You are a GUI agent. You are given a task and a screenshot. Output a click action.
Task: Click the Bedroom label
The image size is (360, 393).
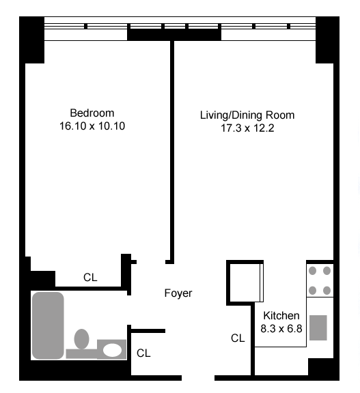pyautogui.click(x=92, y=113)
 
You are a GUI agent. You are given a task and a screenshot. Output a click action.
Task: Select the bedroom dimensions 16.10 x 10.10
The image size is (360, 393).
pyautogui.click(x=92, y=126)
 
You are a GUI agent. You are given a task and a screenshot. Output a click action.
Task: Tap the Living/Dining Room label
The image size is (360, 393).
pyautogui.click(x=247, y=115)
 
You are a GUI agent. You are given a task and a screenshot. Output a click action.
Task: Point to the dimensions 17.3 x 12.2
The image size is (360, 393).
pyautogui.click(x=247, y=128)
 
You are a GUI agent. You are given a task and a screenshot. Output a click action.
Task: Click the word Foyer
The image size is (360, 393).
pyautogui.click(x=178, y=293)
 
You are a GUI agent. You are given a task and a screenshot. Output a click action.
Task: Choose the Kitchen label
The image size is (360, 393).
pyautogui.click(x=281, y=315)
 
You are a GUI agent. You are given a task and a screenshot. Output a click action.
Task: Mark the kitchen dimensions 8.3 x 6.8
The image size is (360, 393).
pyautogui.click(x=281, y=329)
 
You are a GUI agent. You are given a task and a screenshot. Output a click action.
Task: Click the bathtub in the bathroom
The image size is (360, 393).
pyautogui.click(x=48, y=325)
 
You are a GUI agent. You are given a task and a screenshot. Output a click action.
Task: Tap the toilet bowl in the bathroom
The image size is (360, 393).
pyautogui.click(x=82, y=339)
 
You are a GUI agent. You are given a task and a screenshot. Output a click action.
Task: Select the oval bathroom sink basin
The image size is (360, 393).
pyautogui.click(x=112, y=350)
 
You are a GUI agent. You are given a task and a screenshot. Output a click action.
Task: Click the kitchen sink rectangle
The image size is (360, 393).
pyautogui.click(x=318, y=327)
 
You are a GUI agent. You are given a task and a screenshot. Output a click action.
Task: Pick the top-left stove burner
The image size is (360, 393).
pyautogui.click(x=313, y=271)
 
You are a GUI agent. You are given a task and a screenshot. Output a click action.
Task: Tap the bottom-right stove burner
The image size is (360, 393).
pyautogui.click(x=327, y=291)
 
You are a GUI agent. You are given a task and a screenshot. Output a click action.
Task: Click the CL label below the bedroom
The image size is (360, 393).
pyautogui.click(x=90, y=278)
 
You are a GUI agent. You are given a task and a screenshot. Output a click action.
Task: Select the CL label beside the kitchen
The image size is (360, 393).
pyautogui.click(x=238, y=338)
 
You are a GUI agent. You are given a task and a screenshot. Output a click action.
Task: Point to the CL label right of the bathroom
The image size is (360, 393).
pyautogui.click(x=143, y=353)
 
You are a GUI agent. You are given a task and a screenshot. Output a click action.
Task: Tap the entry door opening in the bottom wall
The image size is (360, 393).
pyautogui.click(x=198, y=378)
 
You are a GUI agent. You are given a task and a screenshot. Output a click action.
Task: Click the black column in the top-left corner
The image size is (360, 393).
pyautogui.click(x=32, y=40)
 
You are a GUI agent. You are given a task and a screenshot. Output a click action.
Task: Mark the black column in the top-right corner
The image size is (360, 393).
pyautogui.click(x=327, y=40)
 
